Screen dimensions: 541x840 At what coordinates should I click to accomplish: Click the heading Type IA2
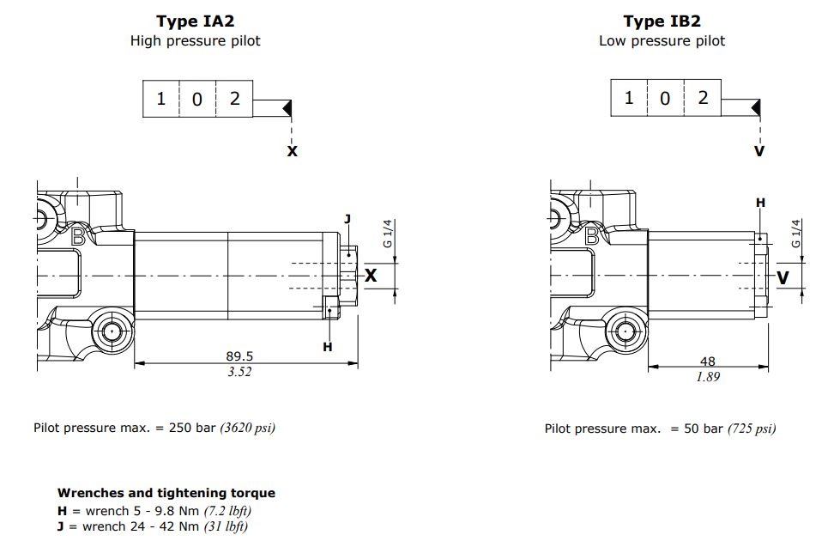[x=195, y=21]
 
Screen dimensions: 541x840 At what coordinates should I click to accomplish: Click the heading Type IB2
[x=662, y=21]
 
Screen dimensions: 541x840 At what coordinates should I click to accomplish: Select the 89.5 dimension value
[x=239, y=356]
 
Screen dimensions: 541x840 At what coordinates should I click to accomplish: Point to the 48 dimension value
[x=708, y=362]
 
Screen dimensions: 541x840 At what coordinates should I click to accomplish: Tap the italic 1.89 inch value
[x=708, y=377]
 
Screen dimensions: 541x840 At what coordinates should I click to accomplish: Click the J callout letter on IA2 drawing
[x=347, y=219]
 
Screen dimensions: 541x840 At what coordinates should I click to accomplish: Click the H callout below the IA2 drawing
[x=327, y=346]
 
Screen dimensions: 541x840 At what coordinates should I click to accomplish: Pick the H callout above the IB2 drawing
[x=760, y=202]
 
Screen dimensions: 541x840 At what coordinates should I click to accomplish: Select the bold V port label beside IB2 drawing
[x=782, y=277]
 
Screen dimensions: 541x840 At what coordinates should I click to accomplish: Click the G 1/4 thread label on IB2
[x=796, y=233]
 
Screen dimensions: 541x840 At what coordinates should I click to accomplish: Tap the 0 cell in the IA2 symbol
[x=196, y=99]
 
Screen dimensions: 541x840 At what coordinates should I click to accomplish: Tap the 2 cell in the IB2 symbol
[x=703, y=97]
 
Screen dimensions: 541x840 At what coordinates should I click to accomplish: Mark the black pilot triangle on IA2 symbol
[x=288, y=108]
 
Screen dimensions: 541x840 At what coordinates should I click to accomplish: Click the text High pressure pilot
[x=195, y=40]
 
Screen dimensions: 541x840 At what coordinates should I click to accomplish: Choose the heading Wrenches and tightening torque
[x=166, y=493]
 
